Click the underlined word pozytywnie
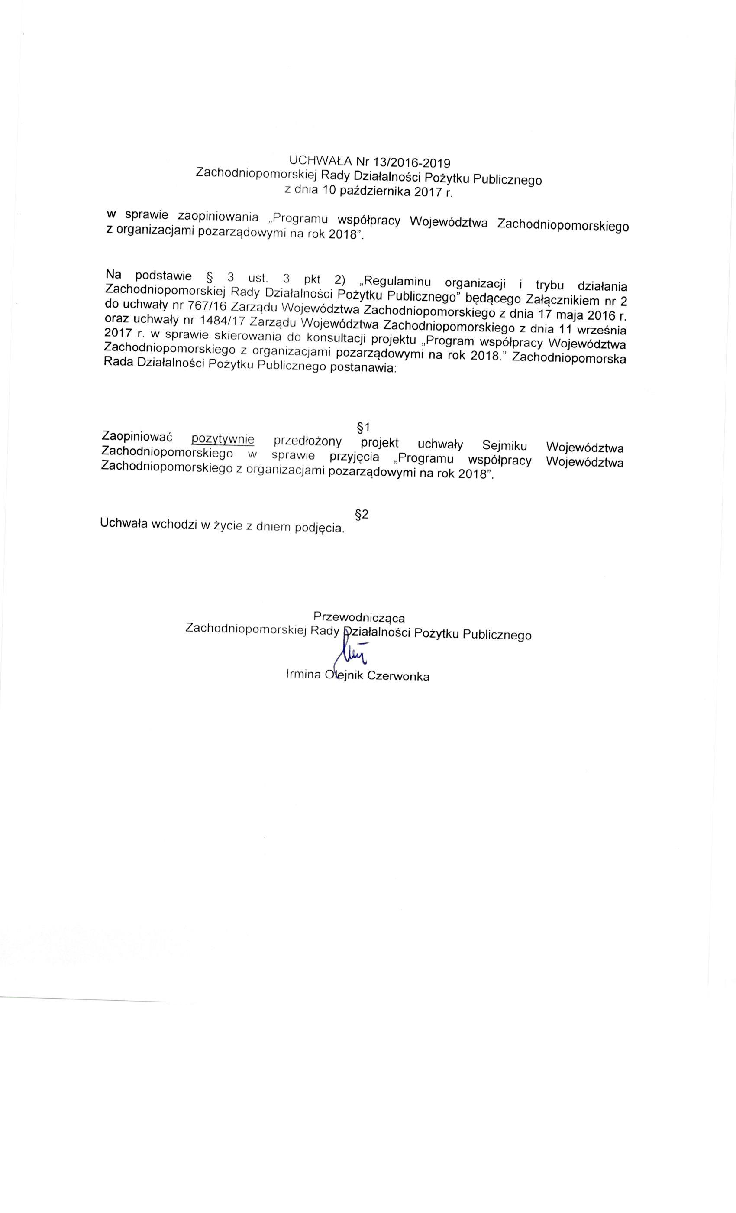pyautogui.click(x=223, y=438)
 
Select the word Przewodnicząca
pyautogui.click(x=359, y=616)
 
